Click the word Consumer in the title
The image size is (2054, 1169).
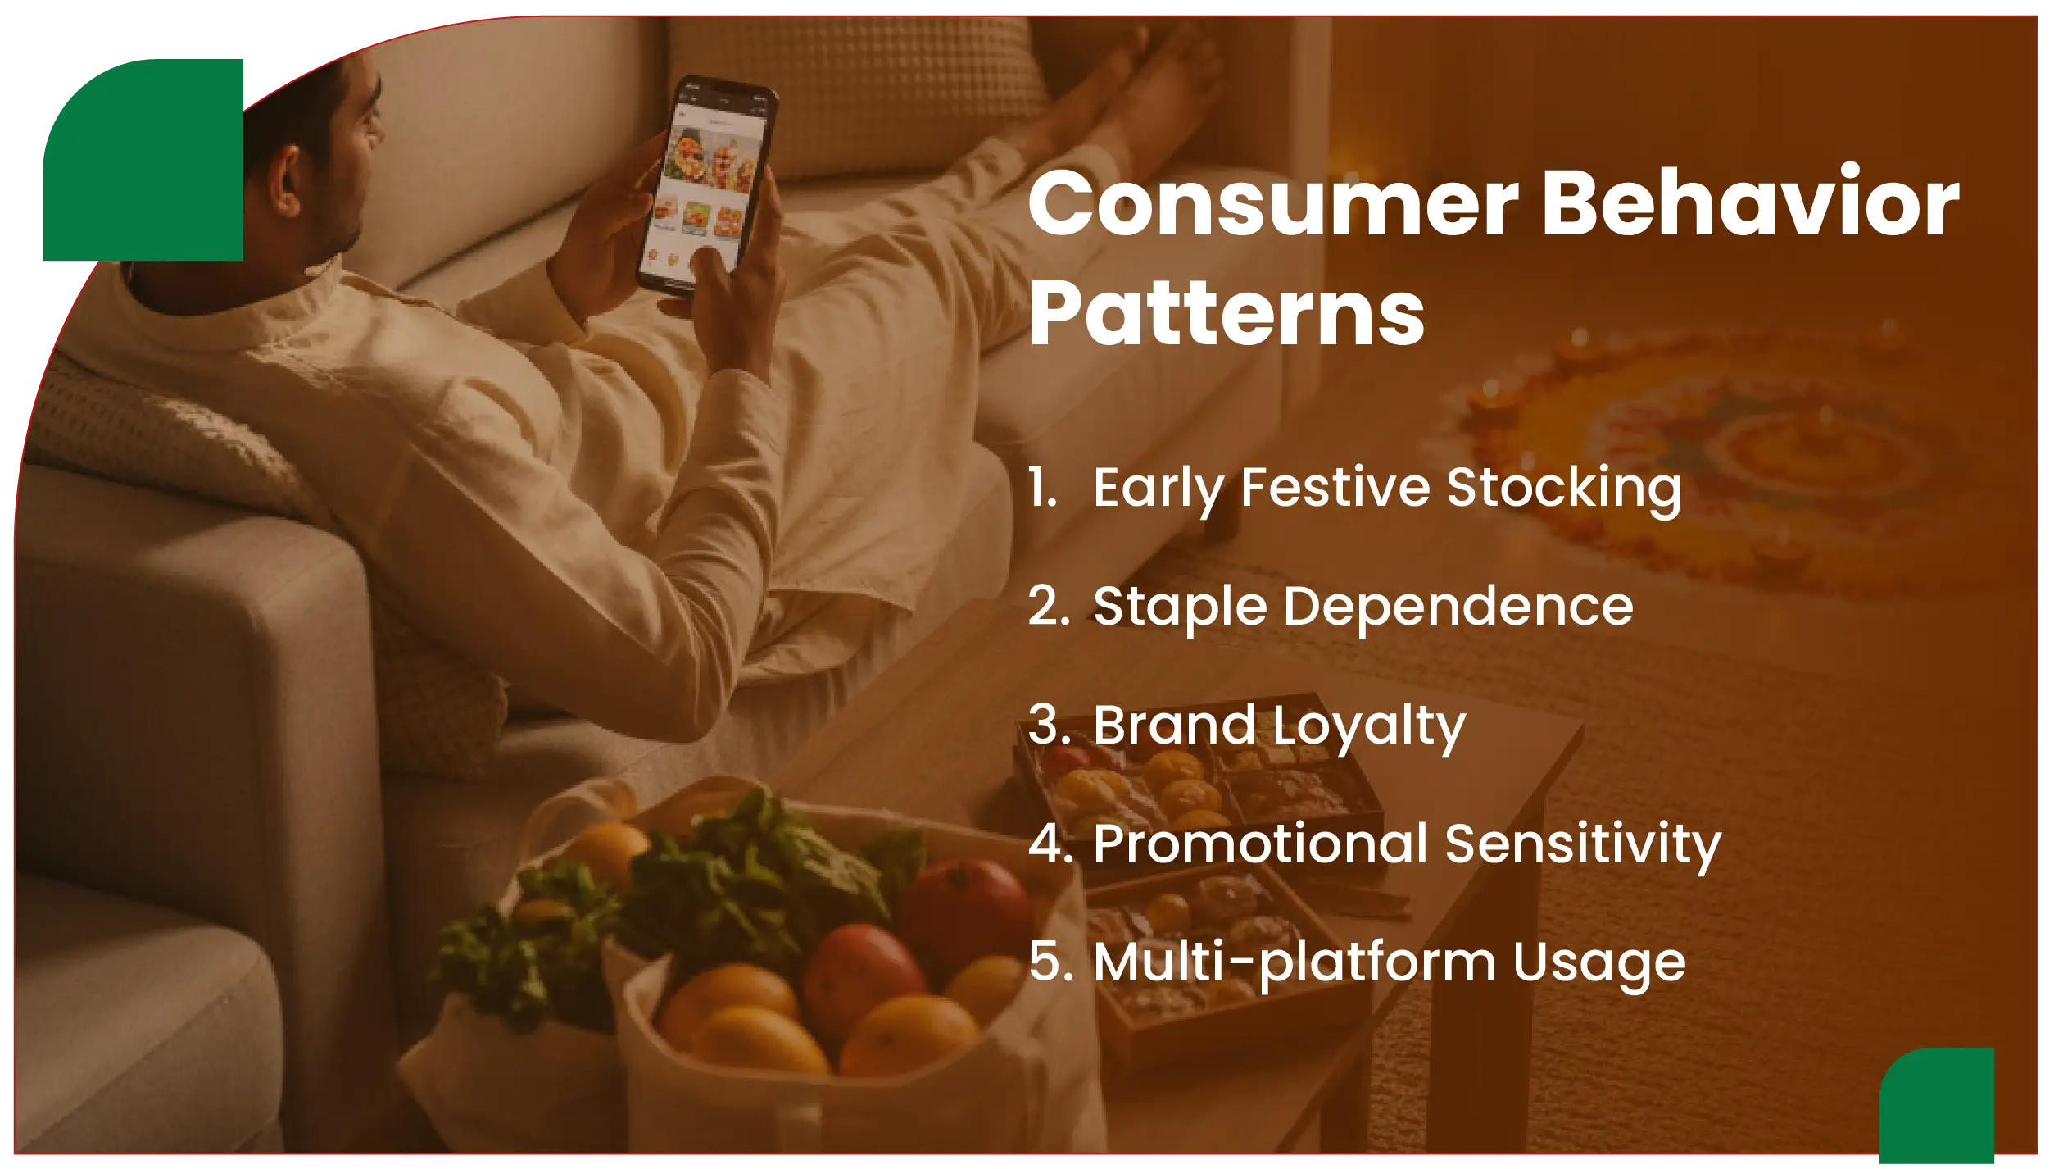1273,203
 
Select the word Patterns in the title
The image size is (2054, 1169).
1227,314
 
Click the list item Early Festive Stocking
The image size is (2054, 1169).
1386,488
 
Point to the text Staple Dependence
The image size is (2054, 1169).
1363,607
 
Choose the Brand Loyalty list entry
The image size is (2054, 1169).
1278,726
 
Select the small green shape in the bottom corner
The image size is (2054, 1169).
1938,1107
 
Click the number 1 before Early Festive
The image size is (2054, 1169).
1042,488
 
